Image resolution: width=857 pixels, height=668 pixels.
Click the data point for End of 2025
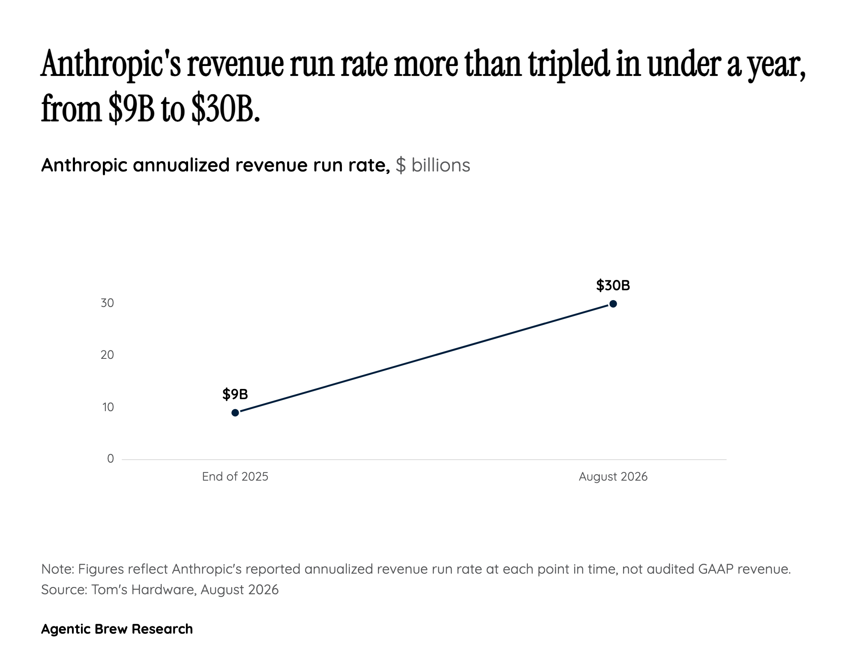pos(235,413)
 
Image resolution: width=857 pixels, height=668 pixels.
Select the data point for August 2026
pos(613,304)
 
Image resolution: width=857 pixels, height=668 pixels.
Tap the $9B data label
pos(235,394)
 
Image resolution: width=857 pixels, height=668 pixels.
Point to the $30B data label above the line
pos(613,285)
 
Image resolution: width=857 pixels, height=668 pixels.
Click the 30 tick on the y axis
pos(108,303)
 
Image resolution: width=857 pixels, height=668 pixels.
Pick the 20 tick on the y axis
pos(108,355)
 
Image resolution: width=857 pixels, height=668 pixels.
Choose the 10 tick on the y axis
pos(108,407)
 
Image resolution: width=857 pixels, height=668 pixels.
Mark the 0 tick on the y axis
pos(111,459)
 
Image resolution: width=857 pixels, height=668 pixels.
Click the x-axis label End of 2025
pos(235,477)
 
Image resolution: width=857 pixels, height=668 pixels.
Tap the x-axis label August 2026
pos(613,477)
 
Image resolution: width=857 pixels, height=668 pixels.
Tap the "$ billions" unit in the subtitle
pos(433,165)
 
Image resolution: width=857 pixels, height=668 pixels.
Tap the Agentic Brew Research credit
pos(117,629)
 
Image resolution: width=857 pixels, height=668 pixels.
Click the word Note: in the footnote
pos(58,569)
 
